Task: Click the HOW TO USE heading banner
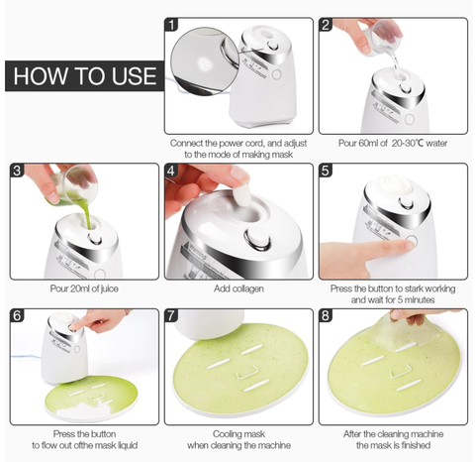85,75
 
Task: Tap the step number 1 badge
171,25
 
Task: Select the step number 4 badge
171,171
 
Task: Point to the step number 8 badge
326,316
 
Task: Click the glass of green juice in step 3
74,186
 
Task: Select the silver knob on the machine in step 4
257,238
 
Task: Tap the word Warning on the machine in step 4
197,251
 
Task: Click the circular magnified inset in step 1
205,61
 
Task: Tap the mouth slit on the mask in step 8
409,386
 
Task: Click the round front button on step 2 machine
410,119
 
